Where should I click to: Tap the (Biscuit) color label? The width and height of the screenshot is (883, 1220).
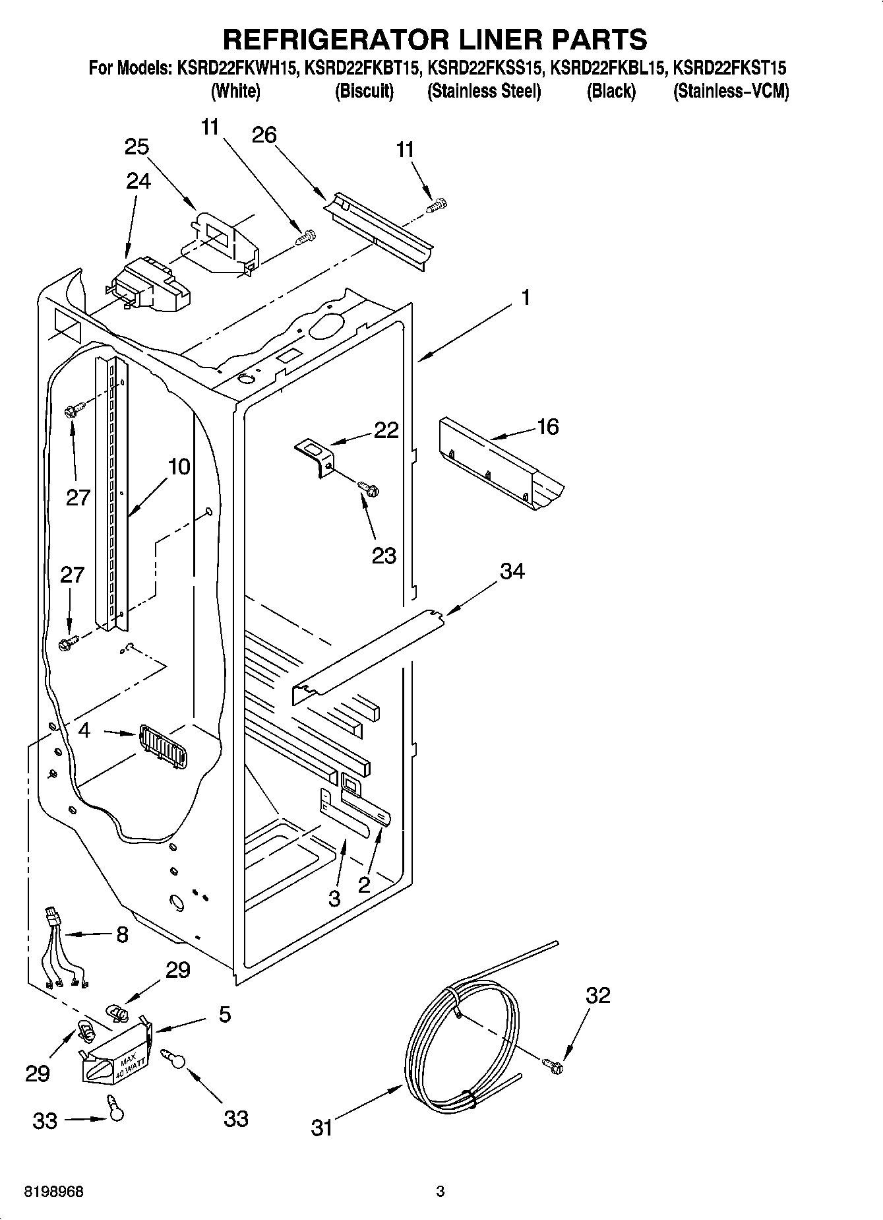click(x=364, y=92)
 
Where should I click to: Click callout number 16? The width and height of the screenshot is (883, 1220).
click(x=547, y=427)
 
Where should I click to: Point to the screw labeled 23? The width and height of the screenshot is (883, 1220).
click(x=369, y=490)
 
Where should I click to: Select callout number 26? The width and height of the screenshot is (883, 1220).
click(x=264, y=135)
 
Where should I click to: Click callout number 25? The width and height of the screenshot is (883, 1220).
click(x=137, y=147)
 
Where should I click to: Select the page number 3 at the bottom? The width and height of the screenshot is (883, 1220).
click(x=441, y=1192)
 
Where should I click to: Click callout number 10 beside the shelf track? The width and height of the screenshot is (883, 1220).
click(x=179, y=467)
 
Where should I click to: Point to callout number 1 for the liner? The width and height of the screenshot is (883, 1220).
click(x=526, y=298)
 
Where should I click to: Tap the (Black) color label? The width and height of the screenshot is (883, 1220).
click(x=611, y=92)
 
